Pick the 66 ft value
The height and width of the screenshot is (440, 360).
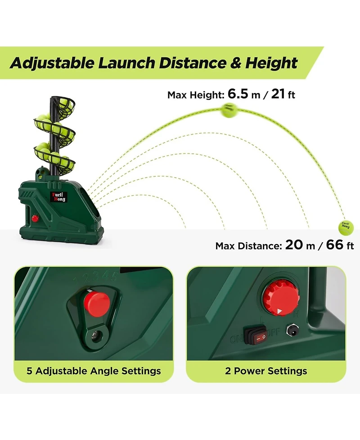coord(339,245)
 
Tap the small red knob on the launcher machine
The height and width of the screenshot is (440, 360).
coord(35,218)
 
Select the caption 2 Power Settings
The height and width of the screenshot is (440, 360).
coord(266,371)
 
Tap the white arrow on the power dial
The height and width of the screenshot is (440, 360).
coord(279,310)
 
